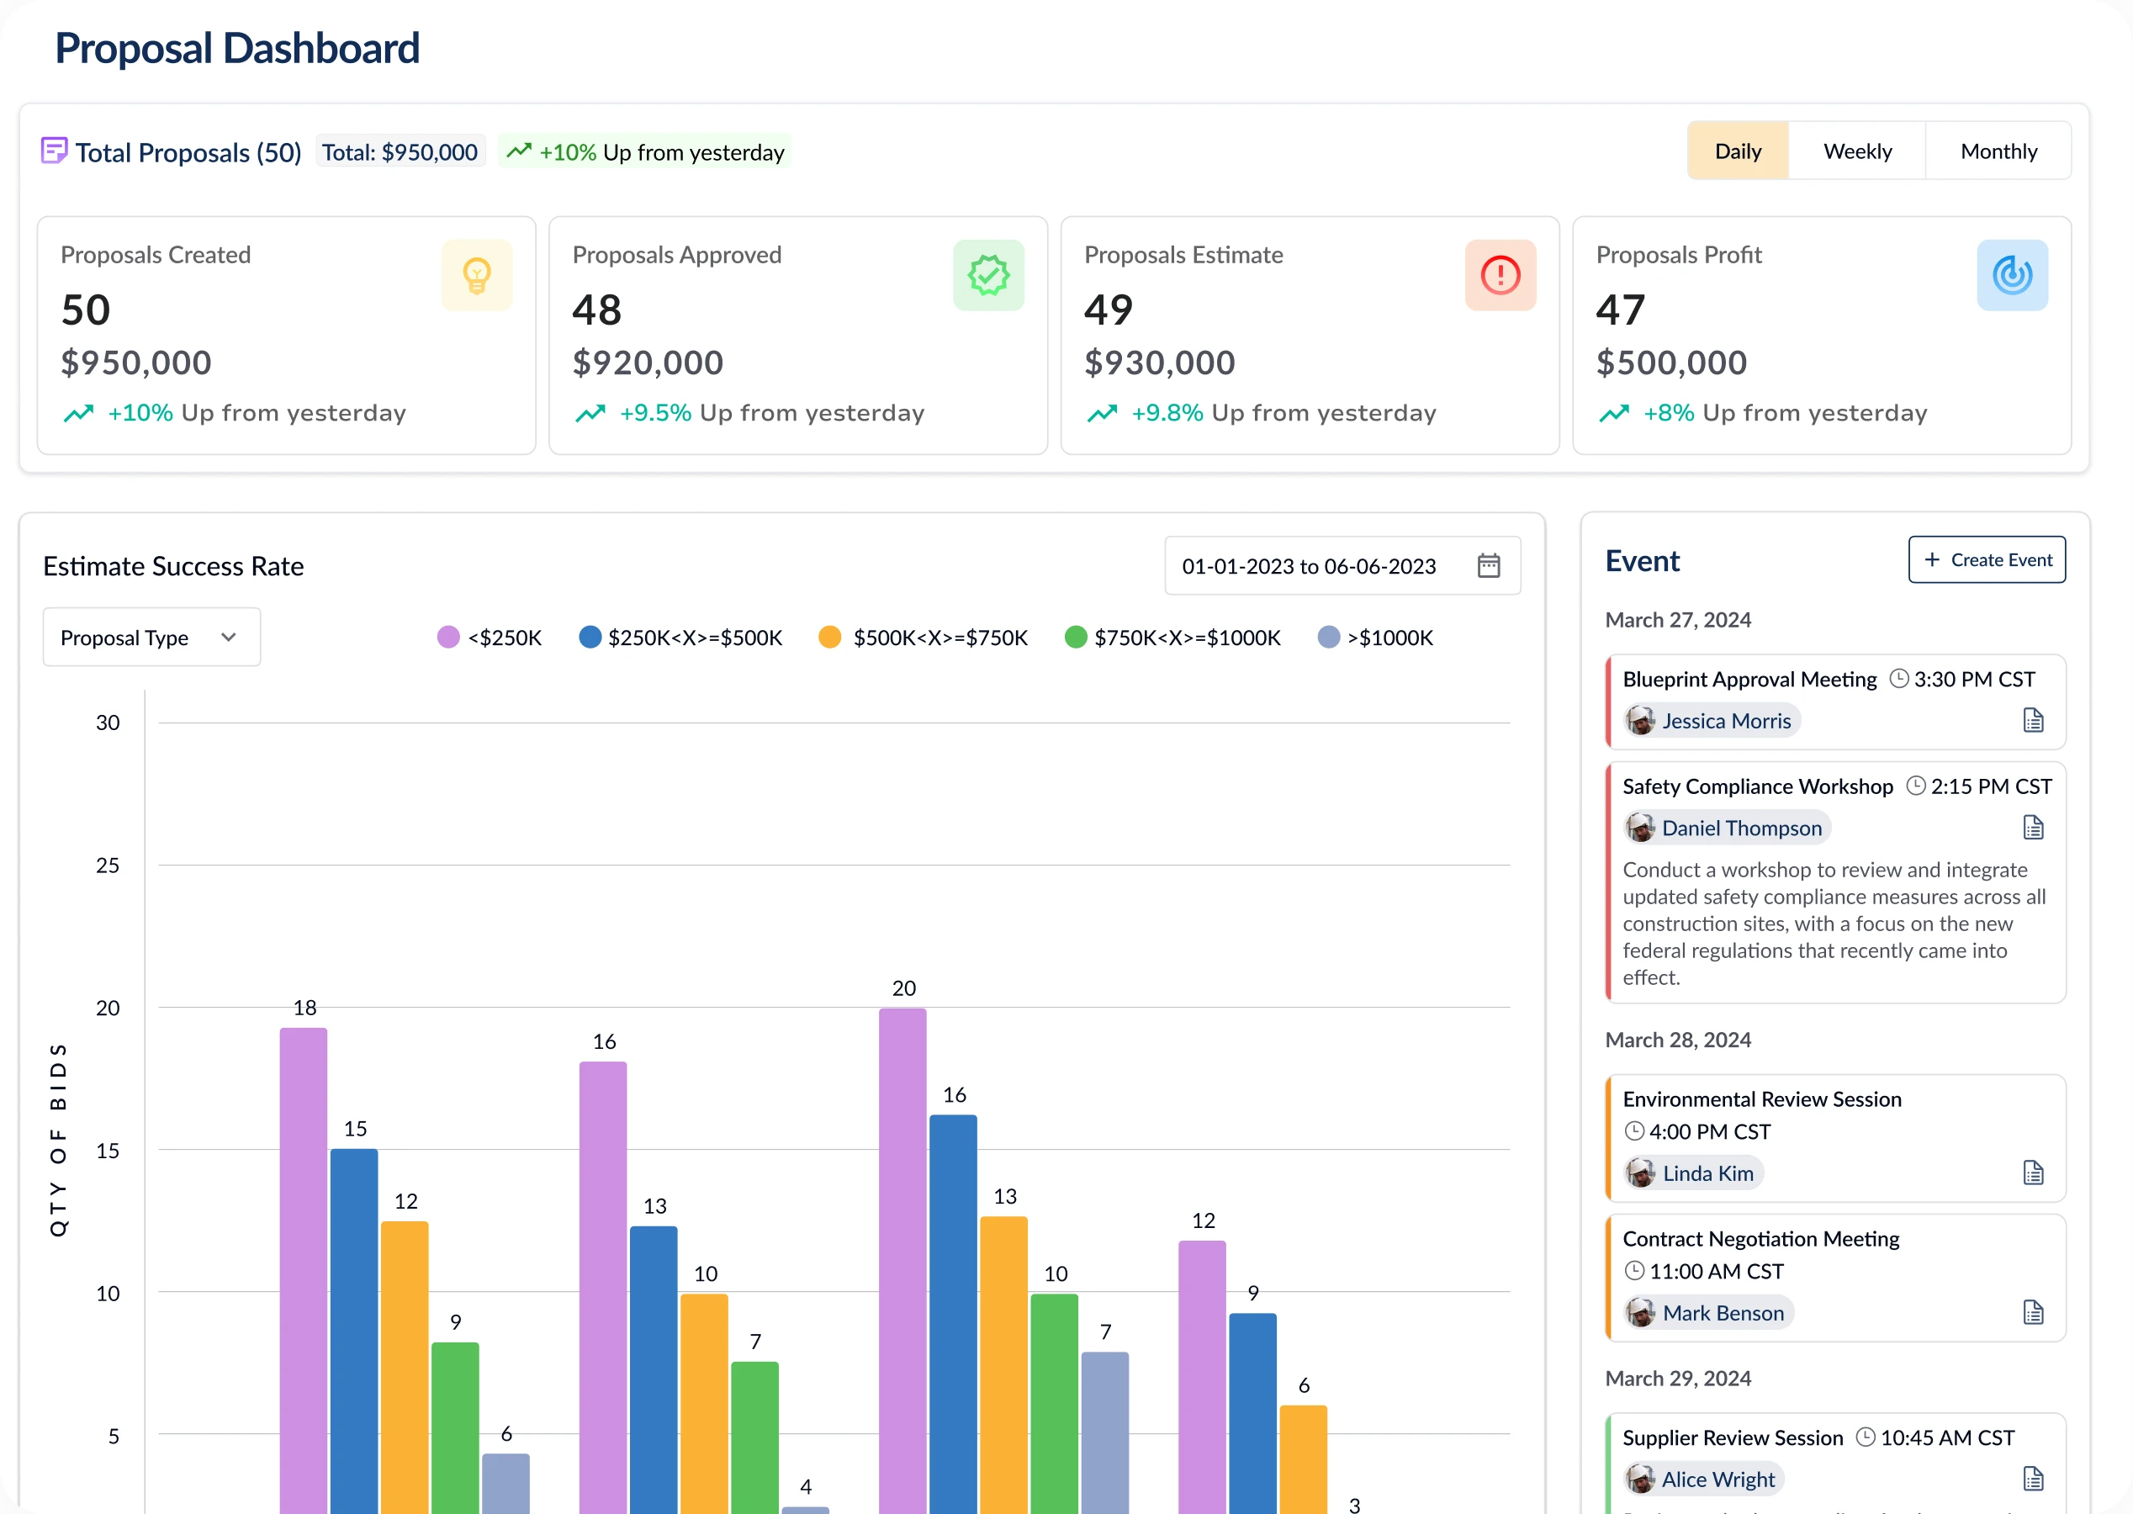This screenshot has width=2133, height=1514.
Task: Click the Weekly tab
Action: point(1856,151)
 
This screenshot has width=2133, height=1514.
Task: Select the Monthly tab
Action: point(1998,151)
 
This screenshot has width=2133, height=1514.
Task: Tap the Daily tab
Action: point(1738,151)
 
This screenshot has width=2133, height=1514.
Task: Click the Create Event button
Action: point(1987,559)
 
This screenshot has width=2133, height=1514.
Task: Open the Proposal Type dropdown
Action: point(151,638)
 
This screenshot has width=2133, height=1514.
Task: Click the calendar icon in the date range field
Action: point(1488,566)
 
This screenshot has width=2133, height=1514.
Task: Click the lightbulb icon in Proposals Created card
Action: point(476,275)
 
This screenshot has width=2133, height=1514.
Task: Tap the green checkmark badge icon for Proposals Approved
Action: point(988,275)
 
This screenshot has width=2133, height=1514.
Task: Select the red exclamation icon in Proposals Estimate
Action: point(1500,275)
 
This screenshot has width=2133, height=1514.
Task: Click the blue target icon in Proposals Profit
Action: point(2012,275)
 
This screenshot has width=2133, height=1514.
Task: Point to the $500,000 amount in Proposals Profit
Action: point(1670,363)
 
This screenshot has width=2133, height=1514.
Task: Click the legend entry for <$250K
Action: point(490,638)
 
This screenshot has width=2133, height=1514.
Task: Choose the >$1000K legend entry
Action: point(1375,638)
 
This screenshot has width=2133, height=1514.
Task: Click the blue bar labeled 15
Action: point(354,1324)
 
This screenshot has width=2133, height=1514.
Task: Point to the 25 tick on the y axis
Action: point(109,866)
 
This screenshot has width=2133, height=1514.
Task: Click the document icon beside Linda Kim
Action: point(2033,1173)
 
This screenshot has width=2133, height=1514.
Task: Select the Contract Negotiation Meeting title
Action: point(1760,1238)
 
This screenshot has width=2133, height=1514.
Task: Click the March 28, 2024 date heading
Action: point(1677,1040)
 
